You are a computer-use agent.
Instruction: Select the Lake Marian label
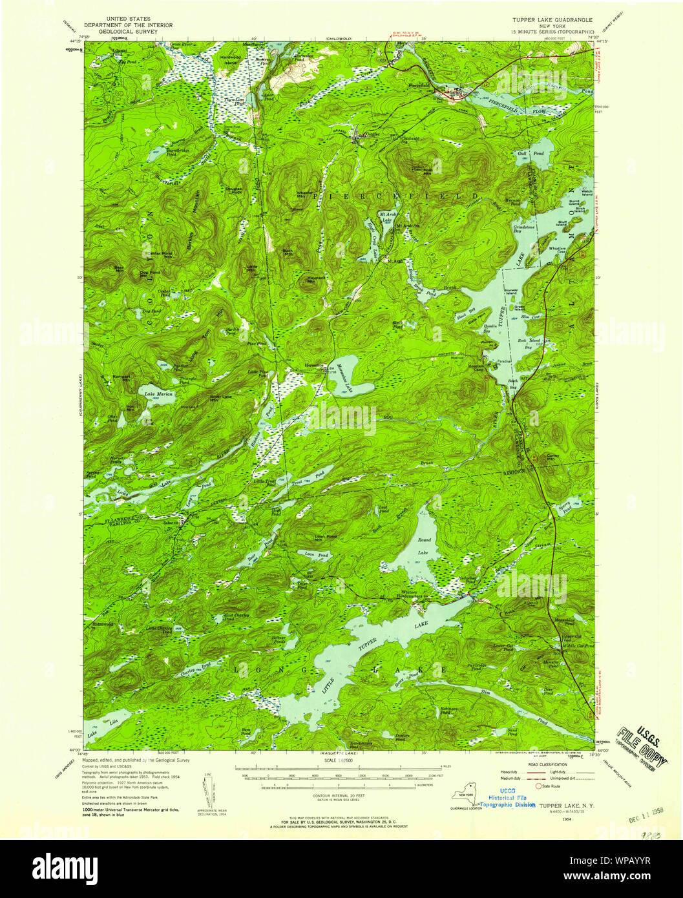click(x=158, y=393)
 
